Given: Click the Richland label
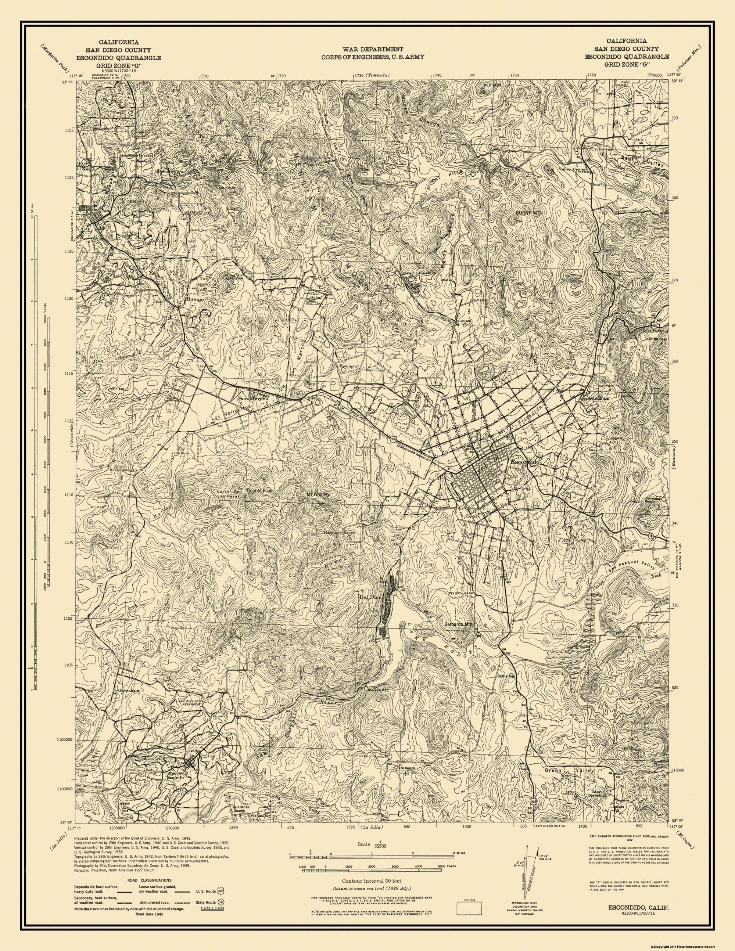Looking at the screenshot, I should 348,367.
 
